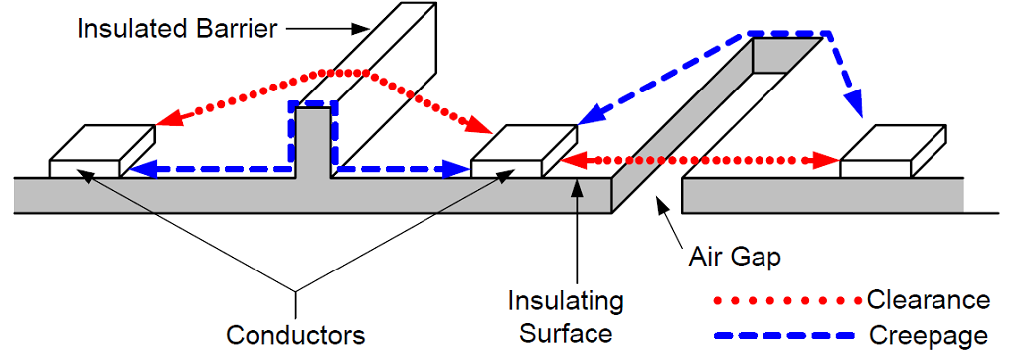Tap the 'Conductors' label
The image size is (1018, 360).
295,335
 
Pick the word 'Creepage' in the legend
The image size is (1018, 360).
929,335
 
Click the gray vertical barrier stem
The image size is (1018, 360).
313,143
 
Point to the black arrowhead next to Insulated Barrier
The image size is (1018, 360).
359,29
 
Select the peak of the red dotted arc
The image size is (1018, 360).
343,71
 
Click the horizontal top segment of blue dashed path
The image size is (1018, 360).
789,32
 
